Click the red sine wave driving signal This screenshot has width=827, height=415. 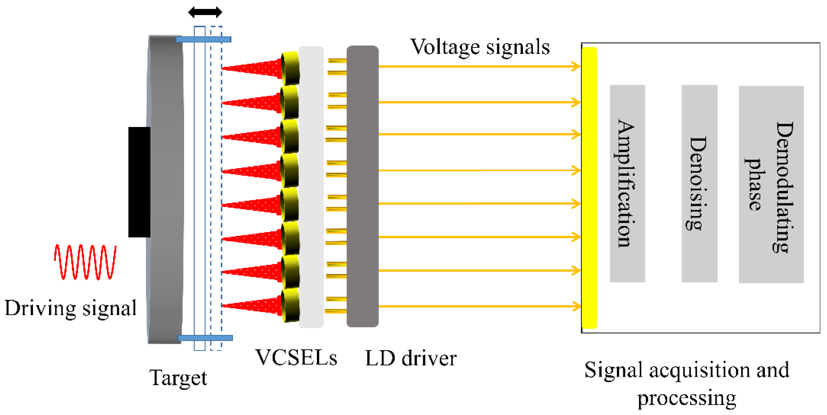[x=85, y=262]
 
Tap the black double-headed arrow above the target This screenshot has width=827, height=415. [x=205, y=12]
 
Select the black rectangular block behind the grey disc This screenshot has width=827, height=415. [x=139, y=182]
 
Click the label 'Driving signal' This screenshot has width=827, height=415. [x=71, y=308]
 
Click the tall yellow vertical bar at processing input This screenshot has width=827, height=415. [x=589, y=187]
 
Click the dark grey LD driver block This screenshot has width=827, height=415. [x=363, y=186]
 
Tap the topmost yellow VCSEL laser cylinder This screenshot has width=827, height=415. [x=291, y=68]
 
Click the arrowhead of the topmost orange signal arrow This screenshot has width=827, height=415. [x=576, y=66]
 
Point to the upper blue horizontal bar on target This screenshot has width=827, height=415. [x=203, y=39]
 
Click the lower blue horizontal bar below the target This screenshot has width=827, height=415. [x=205, y=338]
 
